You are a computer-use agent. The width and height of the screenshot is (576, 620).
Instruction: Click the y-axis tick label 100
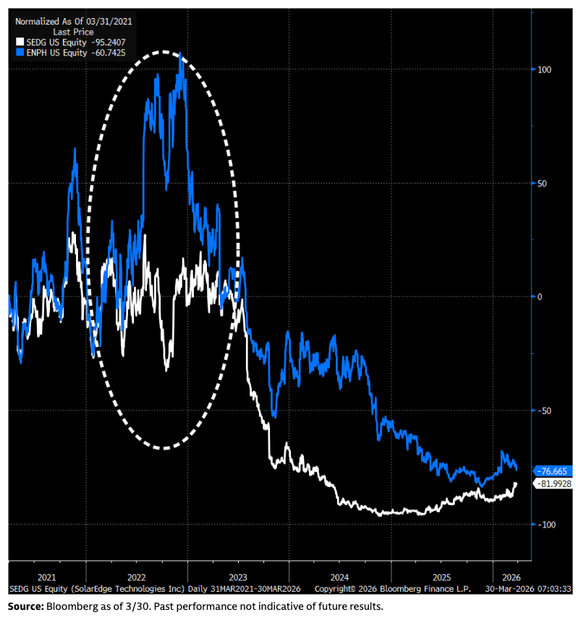tap(543, 69)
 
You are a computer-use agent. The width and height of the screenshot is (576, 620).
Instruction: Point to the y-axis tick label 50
tap(542, 183)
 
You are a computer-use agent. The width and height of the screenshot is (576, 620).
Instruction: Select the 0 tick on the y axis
tap(539, 296)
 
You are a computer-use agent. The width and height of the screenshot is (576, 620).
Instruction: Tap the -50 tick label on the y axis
tap(543, 410)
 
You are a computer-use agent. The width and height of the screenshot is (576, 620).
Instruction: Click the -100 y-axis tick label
tap(545, 524)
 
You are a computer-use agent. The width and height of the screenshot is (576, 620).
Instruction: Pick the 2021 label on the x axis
tap(46, 577)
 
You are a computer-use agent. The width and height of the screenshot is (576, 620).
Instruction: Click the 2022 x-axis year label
tap(137, 577)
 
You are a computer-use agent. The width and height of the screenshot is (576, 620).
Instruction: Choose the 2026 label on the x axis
tap(511, 577)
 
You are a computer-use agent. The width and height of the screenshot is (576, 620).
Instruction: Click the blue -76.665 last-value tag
tap(554, 470)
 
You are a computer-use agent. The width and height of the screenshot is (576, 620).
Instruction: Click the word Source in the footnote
tap(25, 605)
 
